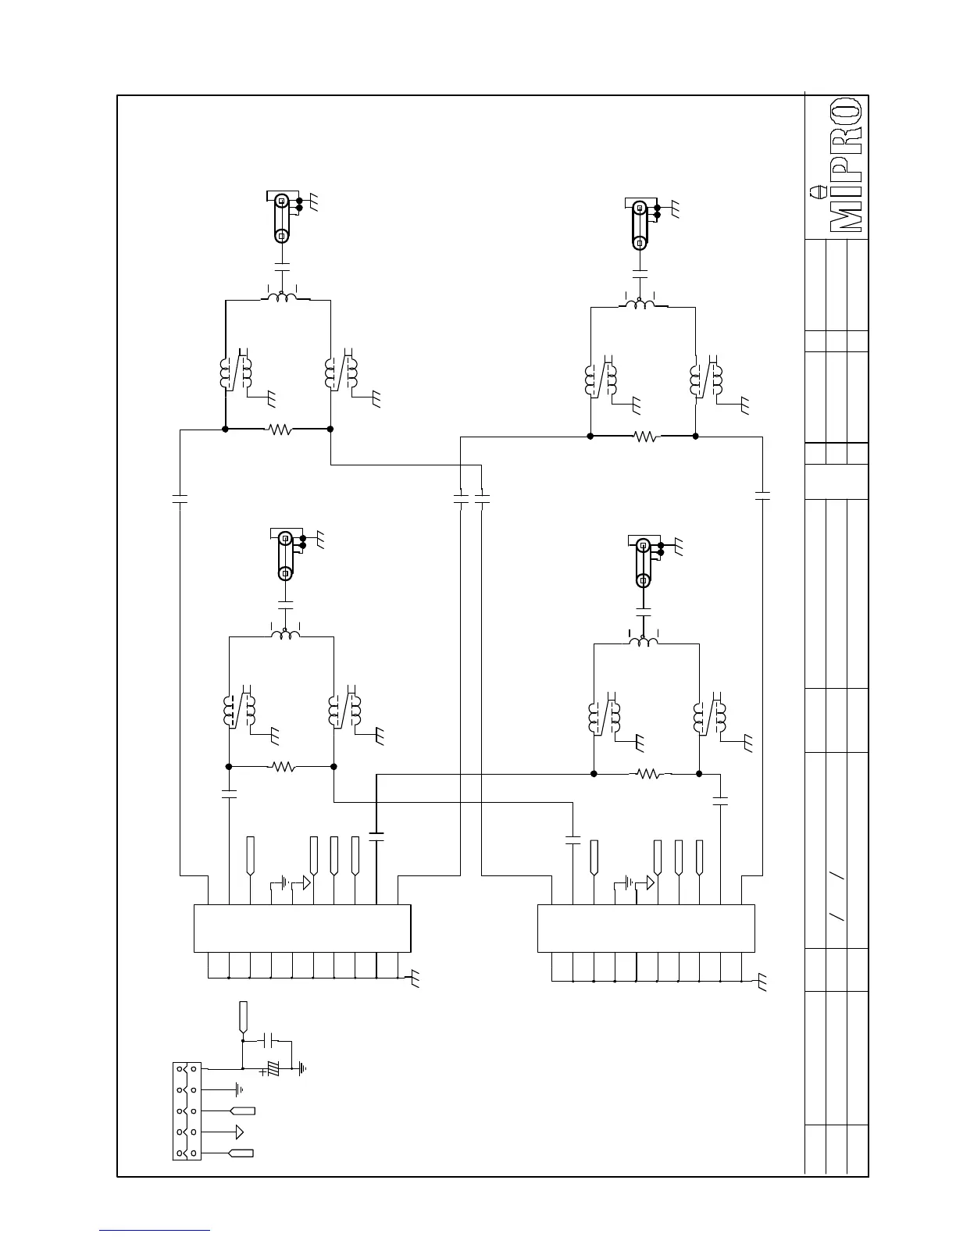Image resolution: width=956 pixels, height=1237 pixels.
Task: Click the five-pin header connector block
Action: (x=187, y=1110)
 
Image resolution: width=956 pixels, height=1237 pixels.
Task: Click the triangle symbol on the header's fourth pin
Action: (x=239, y=1132)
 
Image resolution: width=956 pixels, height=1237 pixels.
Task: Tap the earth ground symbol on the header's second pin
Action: (x=239, y=1089)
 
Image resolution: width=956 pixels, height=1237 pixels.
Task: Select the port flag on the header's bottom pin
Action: (x=241, y=1153)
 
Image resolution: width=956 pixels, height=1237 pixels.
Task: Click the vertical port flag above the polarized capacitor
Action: (x=243, y=1014)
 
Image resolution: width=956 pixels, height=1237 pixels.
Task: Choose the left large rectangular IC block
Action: (x=302, y=928)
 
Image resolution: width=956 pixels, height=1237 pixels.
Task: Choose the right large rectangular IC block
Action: (x=646, y=928)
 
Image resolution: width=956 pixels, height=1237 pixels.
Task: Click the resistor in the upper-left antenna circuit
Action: (x=279, y=429)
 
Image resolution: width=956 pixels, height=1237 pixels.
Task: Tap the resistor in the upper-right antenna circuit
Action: (x=645, y=437)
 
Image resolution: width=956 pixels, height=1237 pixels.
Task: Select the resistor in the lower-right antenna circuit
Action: (x=648, y=774)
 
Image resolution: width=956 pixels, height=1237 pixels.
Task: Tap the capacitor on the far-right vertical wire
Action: (x=763, y=495)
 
